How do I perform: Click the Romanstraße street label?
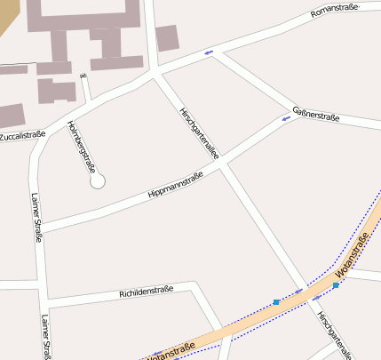point(334,11)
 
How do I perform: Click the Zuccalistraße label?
point(22,136)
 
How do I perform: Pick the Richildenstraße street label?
point(145,291)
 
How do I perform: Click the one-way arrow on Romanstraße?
point(209,52)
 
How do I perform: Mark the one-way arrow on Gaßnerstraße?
point(287,119)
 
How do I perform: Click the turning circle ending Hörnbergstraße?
point(98,180)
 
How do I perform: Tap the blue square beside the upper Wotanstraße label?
point(337,285)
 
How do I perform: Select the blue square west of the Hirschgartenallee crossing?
point(276,303)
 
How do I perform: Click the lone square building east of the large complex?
point(167,38)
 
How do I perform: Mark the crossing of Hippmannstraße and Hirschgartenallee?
point(224,164)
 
